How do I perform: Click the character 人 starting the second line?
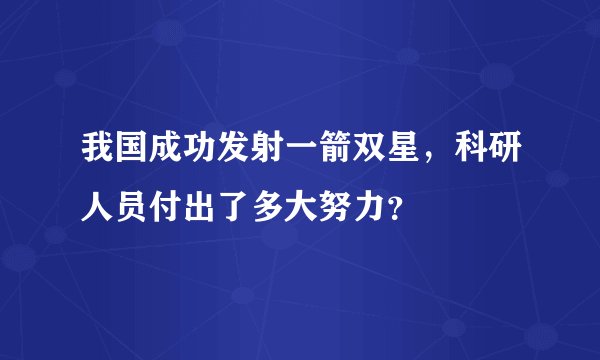(83, 207)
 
